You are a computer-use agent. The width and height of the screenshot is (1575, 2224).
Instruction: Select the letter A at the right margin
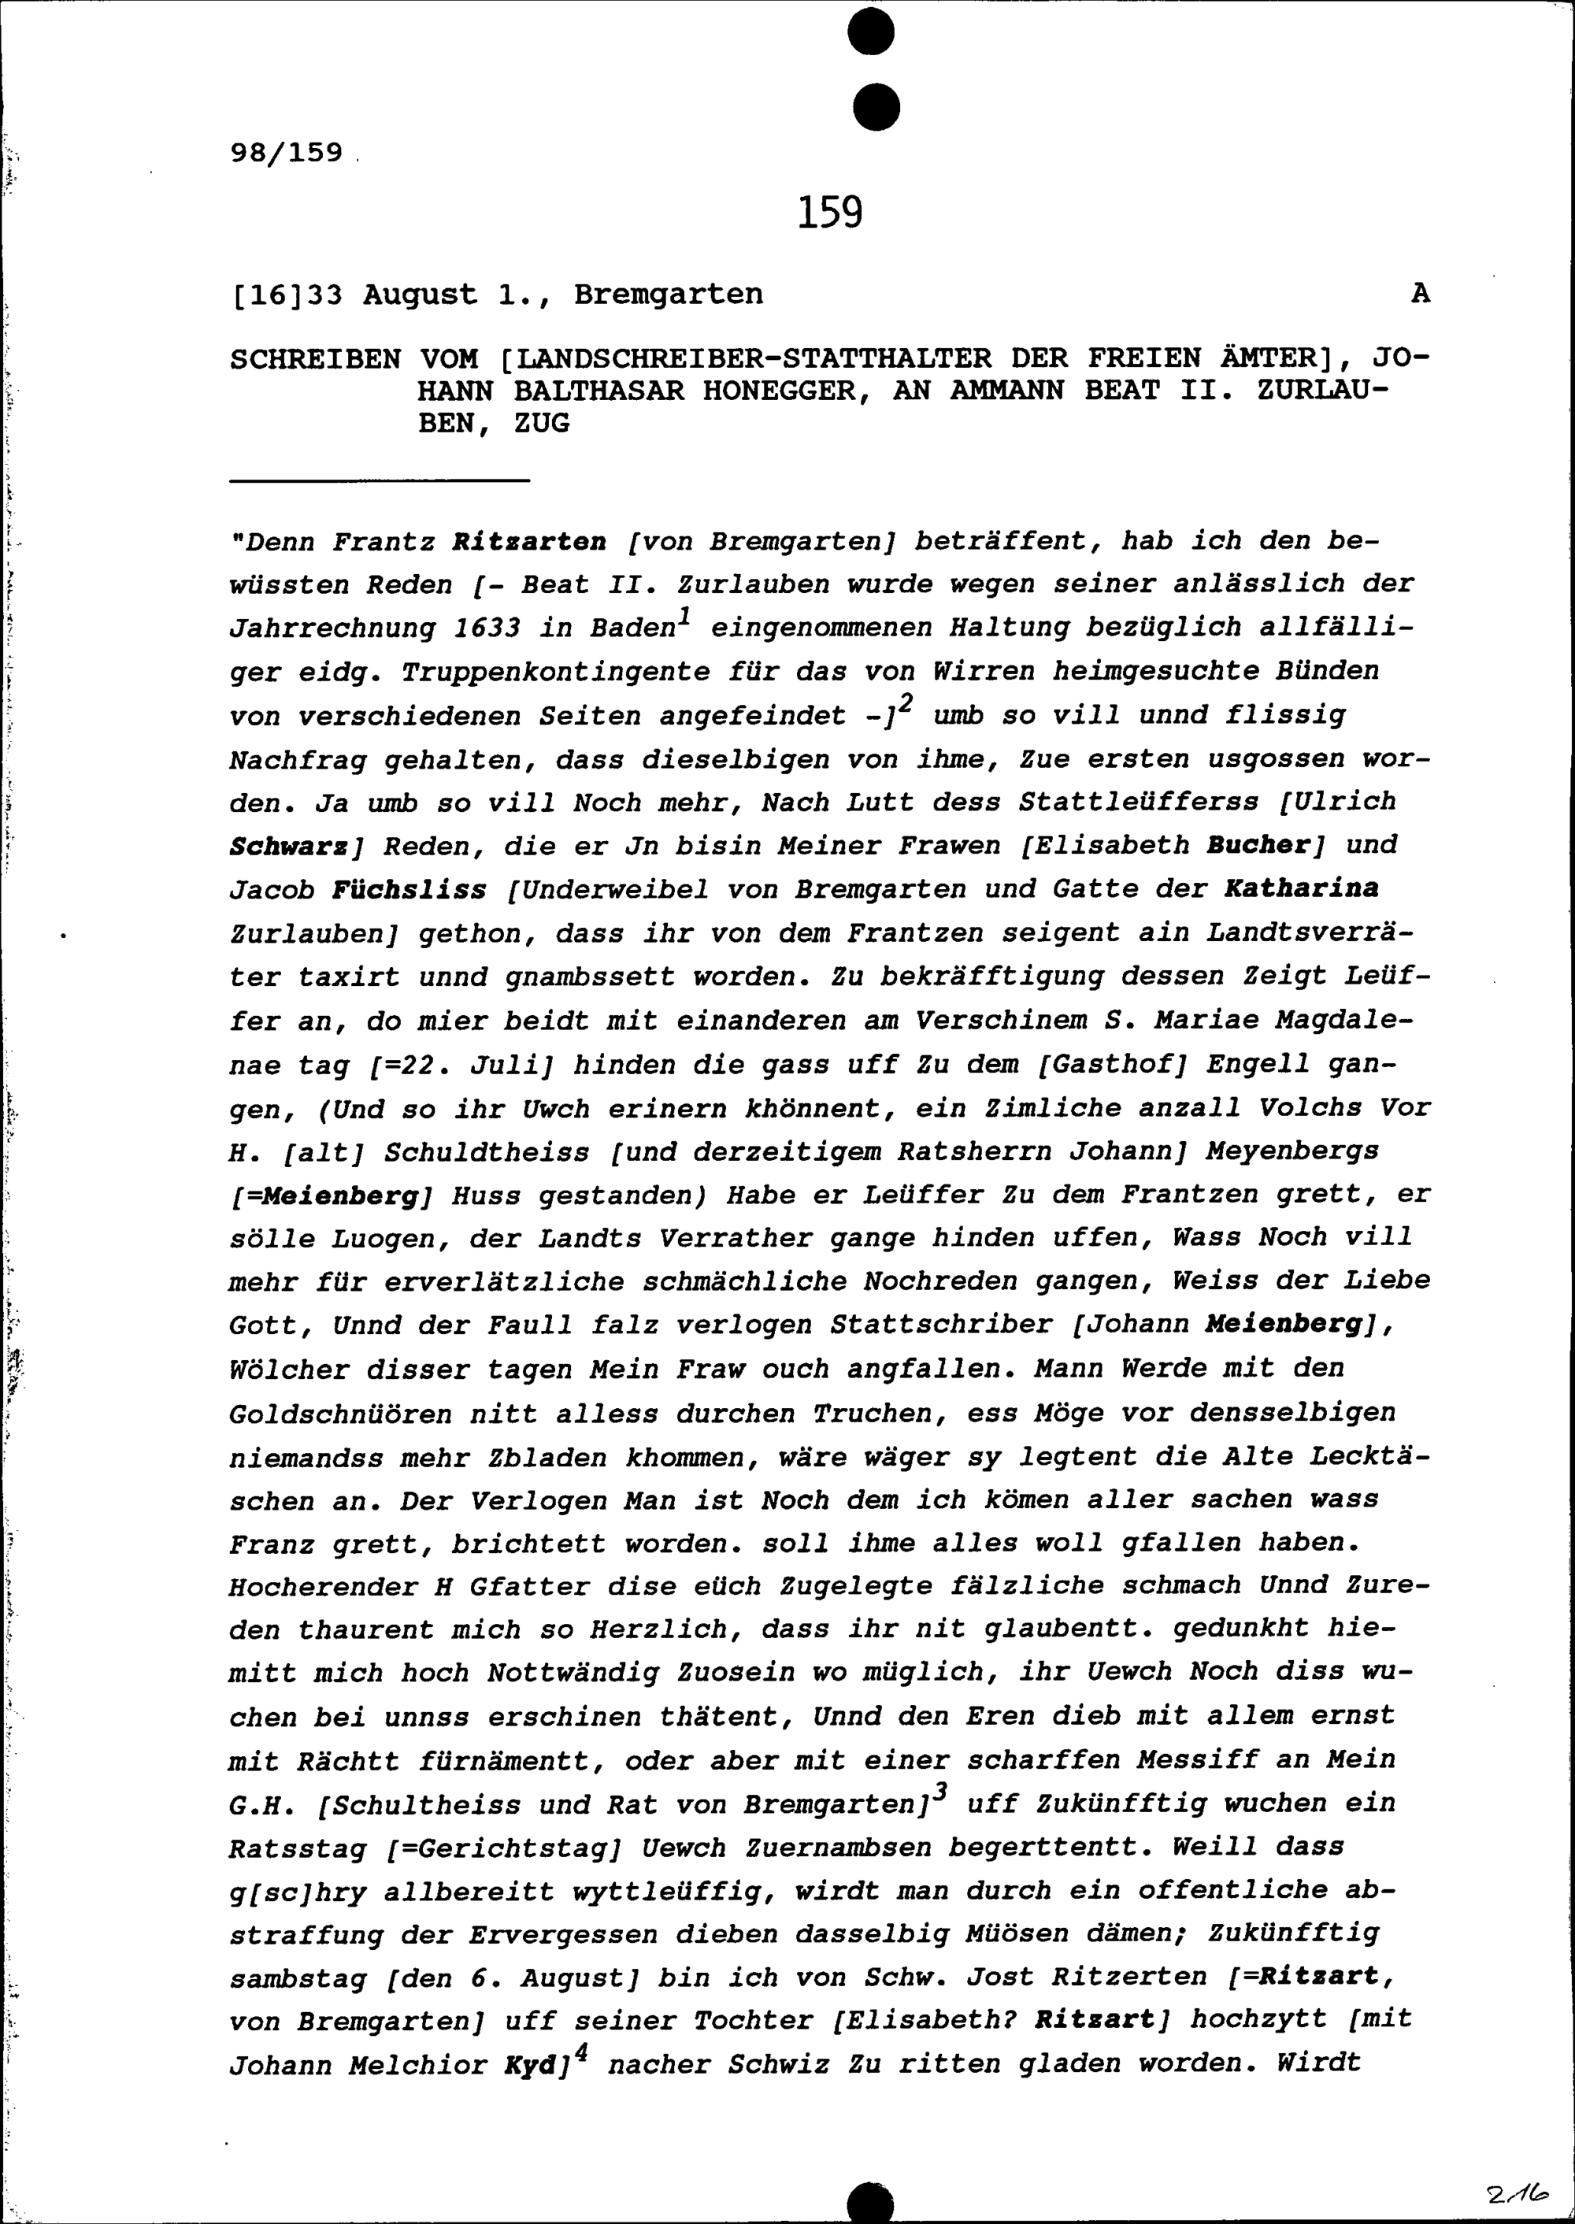coord(1420,294)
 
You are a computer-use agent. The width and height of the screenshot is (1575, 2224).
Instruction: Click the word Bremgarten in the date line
coord(669,295)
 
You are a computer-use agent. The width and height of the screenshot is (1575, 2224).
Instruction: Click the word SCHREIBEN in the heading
coord(315,360)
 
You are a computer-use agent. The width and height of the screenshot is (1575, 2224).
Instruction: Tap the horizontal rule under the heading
coord(380,480)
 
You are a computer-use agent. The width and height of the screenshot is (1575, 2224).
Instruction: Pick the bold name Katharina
coord(1302,888)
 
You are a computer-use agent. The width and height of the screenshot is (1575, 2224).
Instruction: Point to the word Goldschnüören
coord(340,1415)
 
